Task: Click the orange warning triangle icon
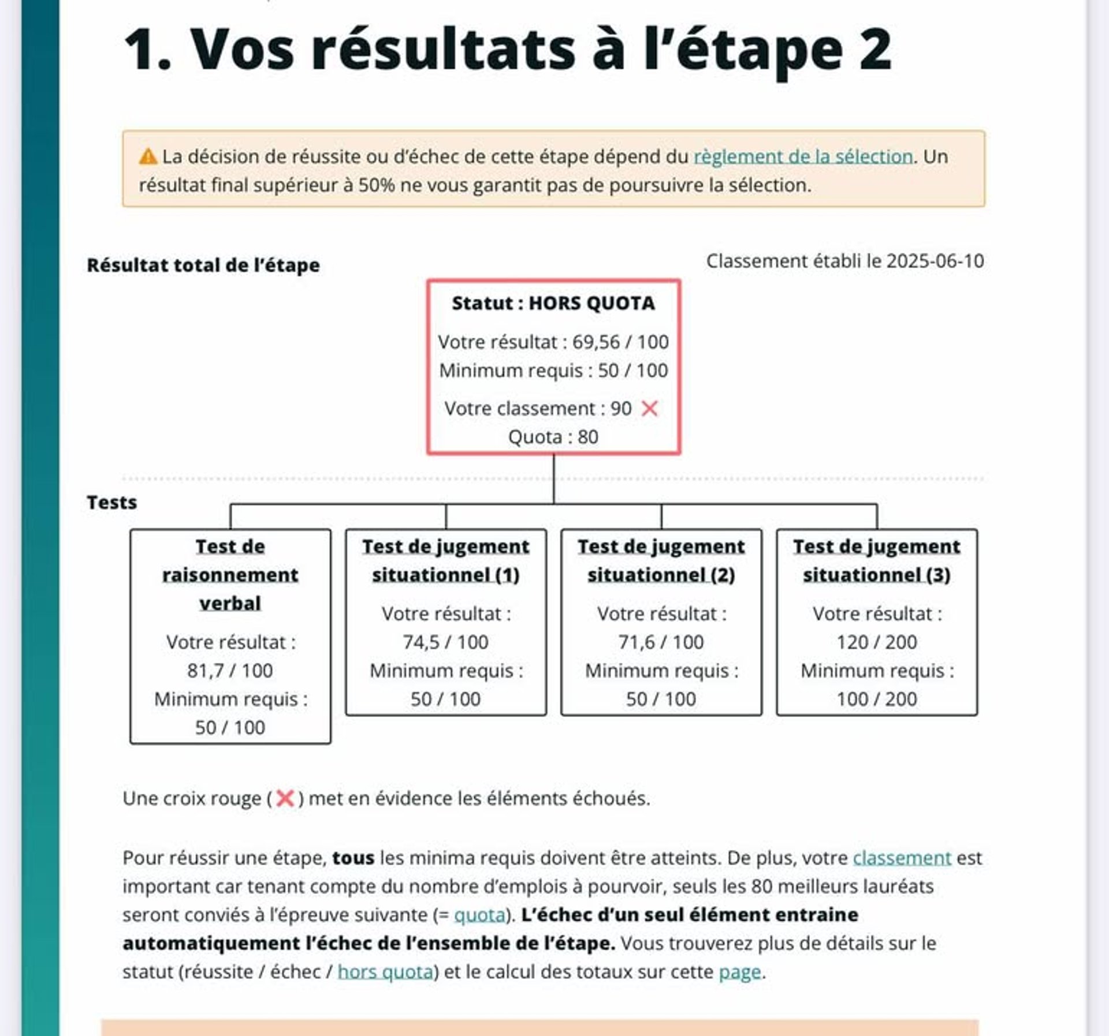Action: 148,156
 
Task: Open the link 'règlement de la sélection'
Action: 803,156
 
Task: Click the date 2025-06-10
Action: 935,261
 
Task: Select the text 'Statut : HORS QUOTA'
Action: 553,303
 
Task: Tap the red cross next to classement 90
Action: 650,409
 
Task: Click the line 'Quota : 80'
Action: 553,437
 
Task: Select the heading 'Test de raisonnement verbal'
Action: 230,574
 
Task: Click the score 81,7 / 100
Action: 230,671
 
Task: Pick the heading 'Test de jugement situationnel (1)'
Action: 445,560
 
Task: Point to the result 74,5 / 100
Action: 445,642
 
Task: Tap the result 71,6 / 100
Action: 661,642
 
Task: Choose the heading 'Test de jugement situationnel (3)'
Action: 876,560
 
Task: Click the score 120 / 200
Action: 876,642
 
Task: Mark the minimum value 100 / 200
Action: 876,699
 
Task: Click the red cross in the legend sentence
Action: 285,798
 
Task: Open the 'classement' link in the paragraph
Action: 902,858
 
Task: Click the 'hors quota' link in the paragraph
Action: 385,972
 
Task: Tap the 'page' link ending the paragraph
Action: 739,972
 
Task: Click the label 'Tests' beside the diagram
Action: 112,503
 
